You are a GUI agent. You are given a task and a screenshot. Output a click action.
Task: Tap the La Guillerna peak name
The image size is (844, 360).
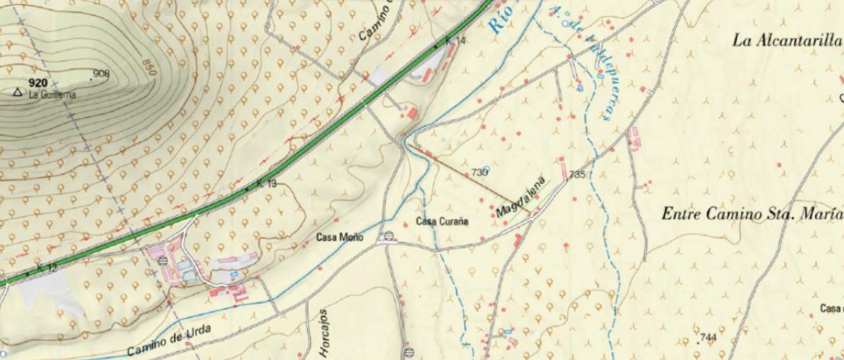(52, 95)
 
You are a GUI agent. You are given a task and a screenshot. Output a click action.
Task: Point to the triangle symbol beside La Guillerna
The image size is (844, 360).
(17, 93)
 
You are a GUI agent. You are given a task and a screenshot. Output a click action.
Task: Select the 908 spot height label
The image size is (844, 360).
(101, 74)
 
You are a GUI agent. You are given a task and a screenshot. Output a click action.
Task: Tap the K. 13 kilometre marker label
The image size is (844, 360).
(266, 184)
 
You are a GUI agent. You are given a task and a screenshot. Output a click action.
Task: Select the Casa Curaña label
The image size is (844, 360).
(443, 221)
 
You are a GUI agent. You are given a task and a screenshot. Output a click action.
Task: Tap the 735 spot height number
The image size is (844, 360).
(577, 174)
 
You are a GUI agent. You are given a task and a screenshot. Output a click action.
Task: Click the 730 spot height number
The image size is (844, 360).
(479, 172)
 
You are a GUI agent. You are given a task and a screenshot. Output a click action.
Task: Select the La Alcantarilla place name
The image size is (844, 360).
(786, 41)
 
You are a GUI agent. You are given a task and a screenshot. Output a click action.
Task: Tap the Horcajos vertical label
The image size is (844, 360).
(324, 332)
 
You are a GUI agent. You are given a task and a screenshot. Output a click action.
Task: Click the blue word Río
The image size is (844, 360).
(497, 22)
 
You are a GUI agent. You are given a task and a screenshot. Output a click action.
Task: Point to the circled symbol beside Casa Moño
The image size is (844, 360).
(389, 236)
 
